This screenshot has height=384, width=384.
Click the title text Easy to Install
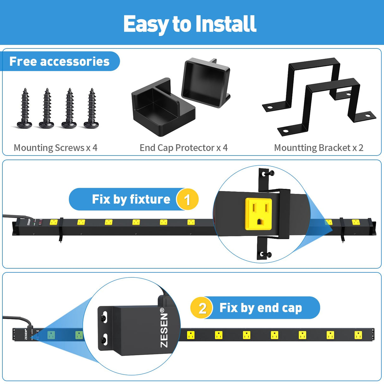(189, 24)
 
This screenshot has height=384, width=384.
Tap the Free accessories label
(59, 61)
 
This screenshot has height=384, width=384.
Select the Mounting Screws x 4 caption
(55, 148)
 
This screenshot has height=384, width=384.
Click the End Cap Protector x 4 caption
(183, 148)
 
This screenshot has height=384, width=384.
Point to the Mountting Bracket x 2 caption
(319, 148)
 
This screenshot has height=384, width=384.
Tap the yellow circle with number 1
(187, 200)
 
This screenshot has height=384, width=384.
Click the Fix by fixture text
(131, 199)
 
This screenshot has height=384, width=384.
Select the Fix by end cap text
(261, 308)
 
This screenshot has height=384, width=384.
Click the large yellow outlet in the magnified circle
(259, 214)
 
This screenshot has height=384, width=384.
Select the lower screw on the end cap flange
(104, 340)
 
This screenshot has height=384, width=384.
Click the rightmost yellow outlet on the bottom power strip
(358, 335)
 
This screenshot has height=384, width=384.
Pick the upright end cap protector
(206, 83)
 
